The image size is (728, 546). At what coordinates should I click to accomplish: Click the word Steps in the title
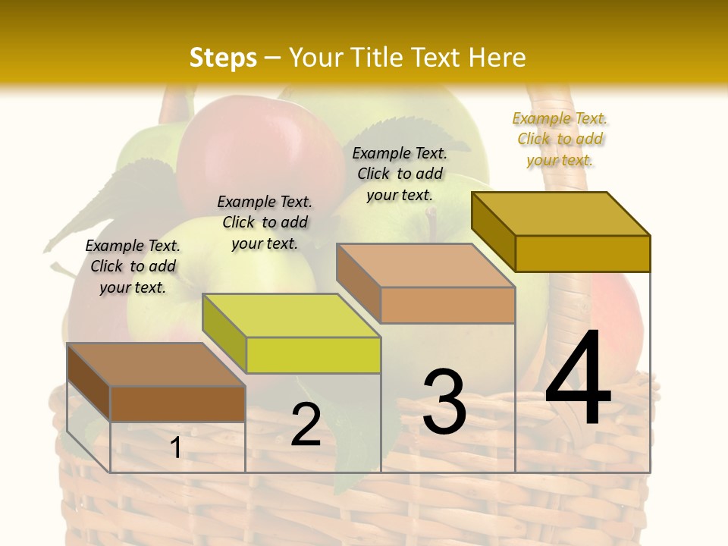pyautogui.click(x=223, y=58)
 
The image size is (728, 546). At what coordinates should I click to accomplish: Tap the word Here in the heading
pyautogui.click(x=497, y=58)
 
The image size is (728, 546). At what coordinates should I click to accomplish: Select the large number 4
pyautogui.click(x=578, y=378)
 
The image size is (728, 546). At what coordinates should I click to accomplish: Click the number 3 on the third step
pyautogui.click(x=444, y=402)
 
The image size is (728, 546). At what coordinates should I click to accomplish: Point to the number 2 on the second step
pyautogui.click(x=306, y=425)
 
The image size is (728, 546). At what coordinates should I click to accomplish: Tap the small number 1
pyautogui.click(x=176, y=447)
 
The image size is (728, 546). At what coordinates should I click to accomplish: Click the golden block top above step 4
pyautogui.click(x=561, y=213)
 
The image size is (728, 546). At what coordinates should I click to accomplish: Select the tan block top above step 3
pyautogui.click(x=425, y=265)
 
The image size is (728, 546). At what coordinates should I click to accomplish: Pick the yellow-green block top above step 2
pyautogui.click(x=291, y=315)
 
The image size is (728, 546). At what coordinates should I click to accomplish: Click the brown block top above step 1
pyautogui.click(x=156, y=365)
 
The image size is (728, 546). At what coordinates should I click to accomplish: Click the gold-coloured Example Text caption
pyautogui.click(x=560, y=139)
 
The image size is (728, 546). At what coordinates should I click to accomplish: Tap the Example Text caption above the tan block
pyautogui.click(x=400, y=174)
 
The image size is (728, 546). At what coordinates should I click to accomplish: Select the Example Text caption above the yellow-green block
pyautogui.click(x=265, y=222)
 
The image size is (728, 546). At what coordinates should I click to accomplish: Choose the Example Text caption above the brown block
pyautogui.click(x=133, y=266)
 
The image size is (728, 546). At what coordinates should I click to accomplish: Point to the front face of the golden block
pyautogui.click(x=582, y=253)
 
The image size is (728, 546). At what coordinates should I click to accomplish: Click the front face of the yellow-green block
pyautogui.click(x=313, y=355)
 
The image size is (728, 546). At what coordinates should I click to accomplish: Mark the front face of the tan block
pyautogui.click(x=447, y=305)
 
